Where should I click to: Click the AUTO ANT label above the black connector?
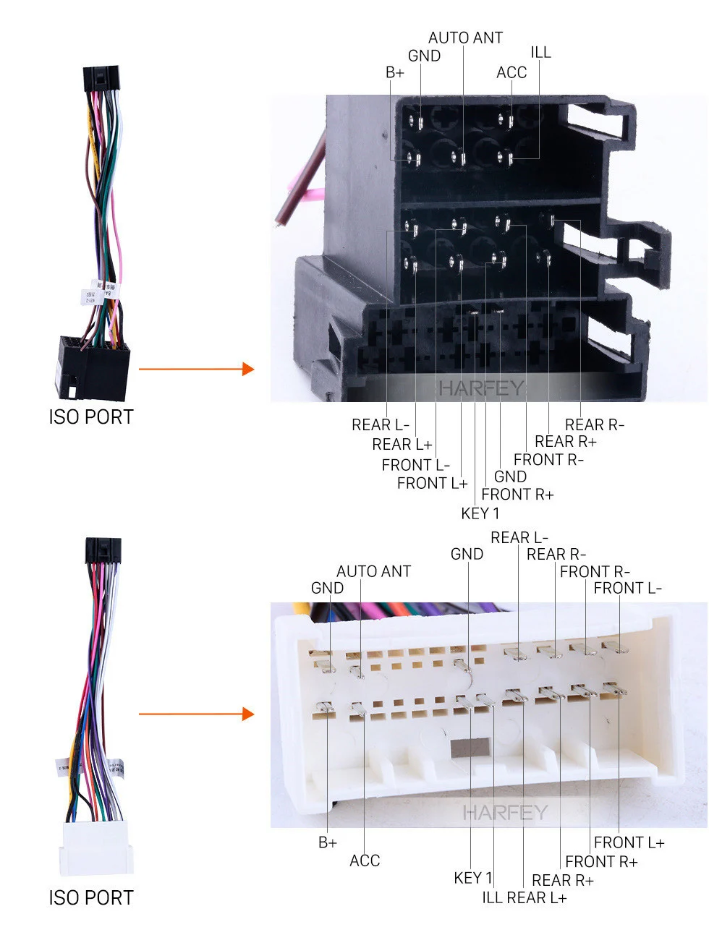tap(465, 38)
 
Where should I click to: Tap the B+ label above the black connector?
tap(395, 72)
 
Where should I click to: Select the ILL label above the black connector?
tap(540, 52)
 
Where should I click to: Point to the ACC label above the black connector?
tap(511, 72)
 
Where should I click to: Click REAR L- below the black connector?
tap(380, 424)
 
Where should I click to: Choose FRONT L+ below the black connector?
tap(432, 483)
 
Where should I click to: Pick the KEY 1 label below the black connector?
tap(480, 513)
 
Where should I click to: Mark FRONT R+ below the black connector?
tap(517, 495)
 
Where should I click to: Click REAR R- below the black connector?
tap(594, 424)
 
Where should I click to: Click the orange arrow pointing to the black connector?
tap(196, 370)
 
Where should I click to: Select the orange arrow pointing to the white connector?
tap(196, 714)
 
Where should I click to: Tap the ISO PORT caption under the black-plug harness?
tap(91, 417)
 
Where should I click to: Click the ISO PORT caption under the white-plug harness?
tap(91, 898)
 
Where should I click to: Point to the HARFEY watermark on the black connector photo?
tap(480, 388)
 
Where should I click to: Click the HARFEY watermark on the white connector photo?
tap(505, 813)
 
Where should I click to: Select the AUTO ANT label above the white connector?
tap(373, 571)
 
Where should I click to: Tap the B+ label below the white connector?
tap(327, 842)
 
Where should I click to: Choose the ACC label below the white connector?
tap(365, 861)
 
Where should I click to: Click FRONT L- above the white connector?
tap(627, 589)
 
